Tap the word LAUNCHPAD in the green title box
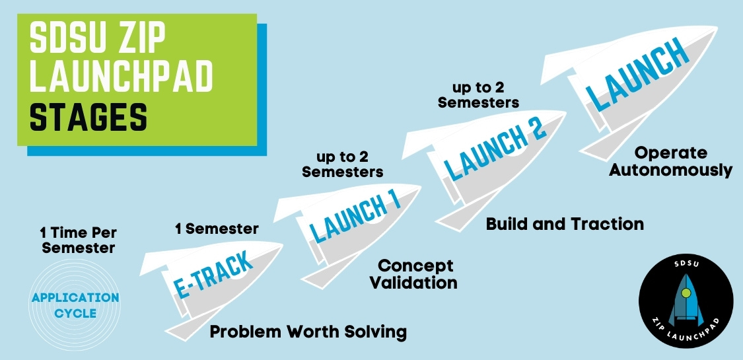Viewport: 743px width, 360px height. [x=122, y=77]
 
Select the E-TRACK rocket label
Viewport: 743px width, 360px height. [x=213, y=275]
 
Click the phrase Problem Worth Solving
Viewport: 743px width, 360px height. [x=308, y=332]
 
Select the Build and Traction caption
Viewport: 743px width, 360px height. [x=565, y=224]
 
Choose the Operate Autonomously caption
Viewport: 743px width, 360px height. [x=670, y=162]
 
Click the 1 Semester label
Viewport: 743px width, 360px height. [x=217, y=229]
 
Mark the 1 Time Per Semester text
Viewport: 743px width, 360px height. [x=79, y=240]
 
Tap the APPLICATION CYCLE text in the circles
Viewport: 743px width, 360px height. [x=75, y=306]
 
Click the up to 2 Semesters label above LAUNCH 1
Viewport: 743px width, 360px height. [x=343, y=164]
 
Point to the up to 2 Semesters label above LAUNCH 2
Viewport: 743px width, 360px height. [x=479, y=94]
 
